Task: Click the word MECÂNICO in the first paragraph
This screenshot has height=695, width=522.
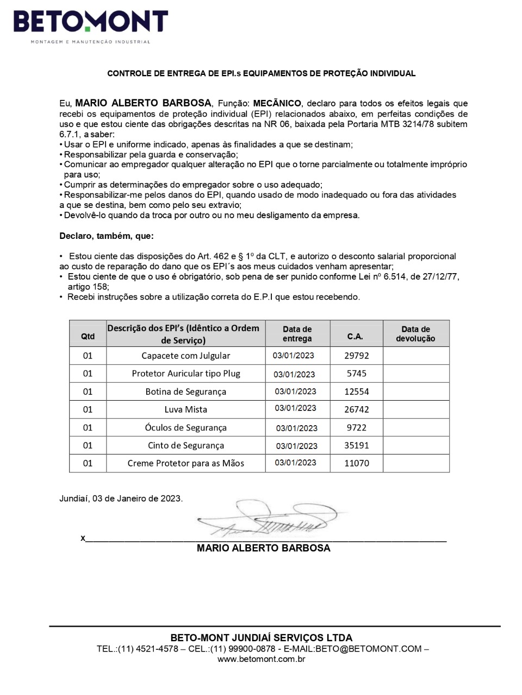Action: tap(277, 103)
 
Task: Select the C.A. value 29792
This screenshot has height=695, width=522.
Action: tap(356, 356)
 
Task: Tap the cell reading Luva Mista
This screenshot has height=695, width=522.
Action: tap(185, 409)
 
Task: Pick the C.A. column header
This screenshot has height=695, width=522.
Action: tap(355, 337)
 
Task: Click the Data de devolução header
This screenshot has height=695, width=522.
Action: tap(415, 333)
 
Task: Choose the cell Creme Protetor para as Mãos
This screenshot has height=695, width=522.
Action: tap(185, 463)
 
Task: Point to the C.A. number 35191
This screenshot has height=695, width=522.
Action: tap(356, 445)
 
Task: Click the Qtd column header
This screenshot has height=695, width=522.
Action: tap(88, 337)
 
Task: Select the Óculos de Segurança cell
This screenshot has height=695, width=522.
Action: tap(185, 427)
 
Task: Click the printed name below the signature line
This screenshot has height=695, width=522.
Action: tap(263, 548)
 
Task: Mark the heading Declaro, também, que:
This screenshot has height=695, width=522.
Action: tap(107, 236)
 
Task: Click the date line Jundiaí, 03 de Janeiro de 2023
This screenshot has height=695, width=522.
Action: tap(121, 498)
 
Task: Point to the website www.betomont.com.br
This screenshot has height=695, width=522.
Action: tap(262, 659)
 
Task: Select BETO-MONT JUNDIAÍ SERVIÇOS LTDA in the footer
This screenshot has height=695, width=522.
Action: tap(262, 638)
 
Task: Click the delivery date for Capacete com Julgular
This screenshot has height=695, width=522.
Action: tap(294, 356)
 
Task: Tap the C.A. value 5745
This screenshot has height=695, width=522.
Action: tap(356, 374)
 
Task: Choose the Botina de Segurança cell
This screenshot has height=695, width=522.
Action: tap(185, 391)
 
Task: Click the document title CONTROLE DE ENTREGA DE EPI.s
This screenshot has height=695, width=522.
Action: tap(262, 73)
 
